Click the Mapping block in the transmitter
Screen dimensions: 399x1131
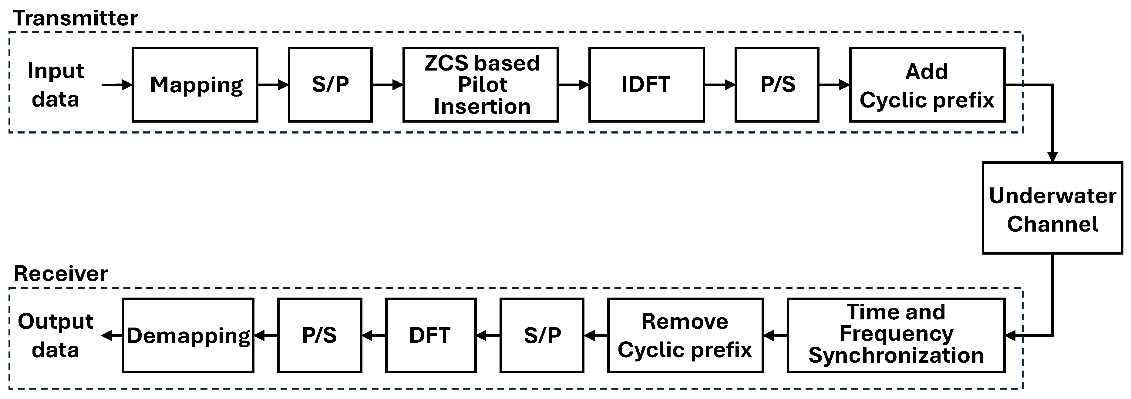point(195,85)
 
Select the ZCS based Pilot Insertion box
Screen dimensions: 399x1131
point(481,85)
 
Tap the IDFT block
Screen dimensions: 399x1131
point(646,85)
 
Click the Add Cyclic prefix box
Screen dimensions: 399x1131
point(927,85)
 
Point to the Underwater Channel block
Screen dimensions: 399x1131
point(1052,208)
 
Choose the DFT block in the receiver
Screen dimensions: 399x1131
point(430,335)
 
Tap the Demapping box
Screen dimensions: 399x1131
point(188,335)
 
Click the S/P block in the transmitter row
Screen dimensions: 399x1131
point(330,85)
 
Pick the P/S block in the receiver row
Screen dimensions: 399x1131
point(320,335)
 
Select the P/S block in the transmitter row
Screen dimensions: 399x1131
point(777,85)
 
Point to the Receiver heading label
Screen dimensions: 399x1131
point(61,274)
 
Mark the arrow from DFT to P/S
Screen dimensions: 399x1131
point(374,336)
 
